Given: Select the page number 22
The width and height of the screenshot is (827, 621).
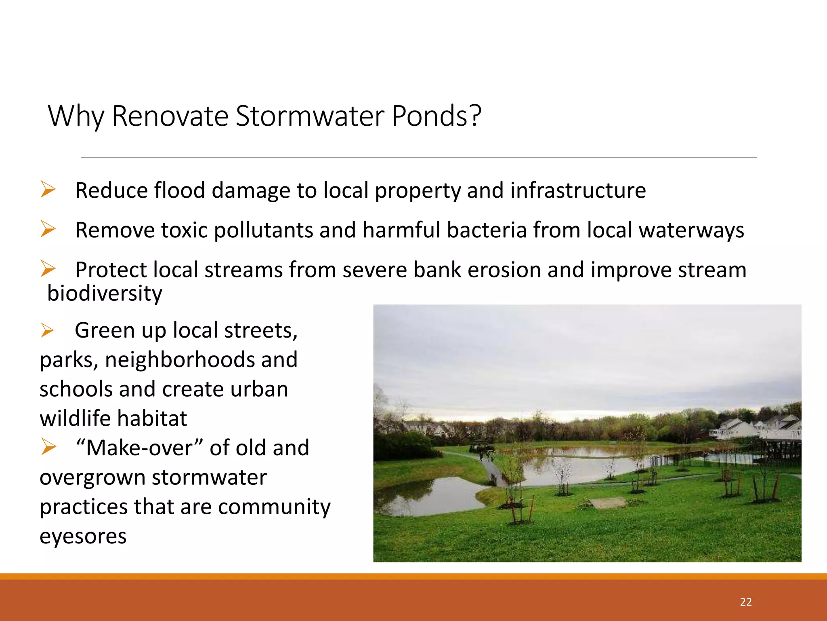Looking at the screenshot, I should pos(745,602).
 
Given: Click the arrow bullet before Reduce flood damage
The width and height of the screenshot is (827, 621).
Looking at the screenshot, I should pos(48,190).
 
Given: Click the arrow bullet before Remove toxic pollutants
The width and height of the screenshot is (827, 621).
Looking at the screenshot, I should pos(48,229).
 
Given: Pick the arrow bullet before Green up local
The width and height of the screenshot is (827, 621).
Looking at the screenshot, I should pos(47,330).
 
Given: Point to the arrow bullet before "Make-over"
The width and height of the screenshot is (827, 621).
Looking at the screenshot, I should pos(48,447).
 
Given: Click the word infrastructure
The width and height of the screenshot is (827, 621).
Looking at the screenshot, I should pos(578,190).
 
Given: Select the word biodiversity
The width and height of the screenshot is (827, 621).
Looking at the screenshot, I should pos(105,294).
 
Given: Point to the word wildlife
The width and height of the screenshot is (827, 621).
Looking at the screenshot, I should pos(76,418).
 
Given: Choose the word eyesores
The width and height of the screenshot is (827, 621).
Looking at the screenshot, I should pos(83,537).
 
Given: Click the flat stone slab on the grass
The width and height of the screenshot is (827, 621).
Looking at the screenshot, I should pos(607,503).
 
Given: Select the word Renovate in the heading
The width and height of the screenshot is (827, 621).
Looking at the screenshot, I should pos(170,116).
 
